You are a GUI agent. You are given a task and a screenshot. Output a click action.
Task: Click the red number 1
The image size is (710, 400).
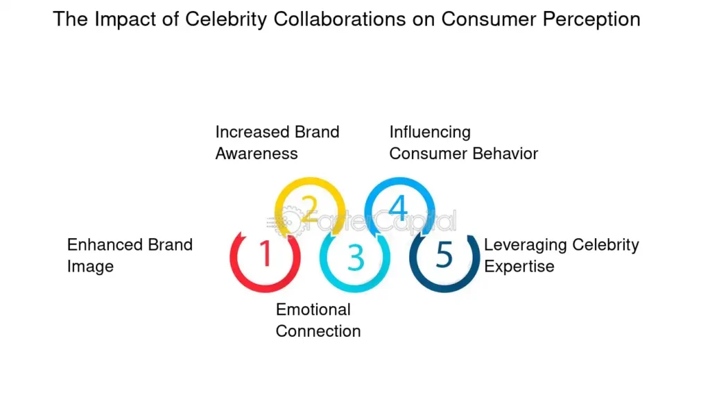(266, 253)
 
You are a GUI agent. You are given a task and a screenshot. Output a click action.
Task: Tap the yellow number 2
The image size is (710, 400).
(310, 208)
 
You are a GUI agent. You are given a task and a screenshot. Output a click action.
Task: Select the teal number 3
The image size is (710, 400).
(356, 258)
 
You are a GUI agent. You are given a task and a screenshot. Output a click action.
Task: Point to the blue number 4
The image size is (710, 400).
(399, 208)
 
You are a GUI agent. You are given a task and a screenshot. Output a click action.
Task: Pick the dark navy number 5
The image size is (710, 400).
(444, 254)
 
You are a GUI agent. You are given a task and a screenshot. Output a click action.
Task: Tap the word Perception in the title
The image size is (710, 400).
(591, 20)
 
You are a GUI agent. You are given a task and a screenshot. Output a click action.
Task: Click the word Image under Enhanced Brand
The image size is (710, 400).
(91, 267)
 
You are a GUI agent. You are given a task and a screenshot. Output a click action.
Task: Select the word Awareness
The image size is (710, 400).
(257, 153)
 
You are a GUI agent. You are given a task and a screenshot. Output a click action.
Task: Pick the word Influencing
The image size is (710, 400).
(430, 133)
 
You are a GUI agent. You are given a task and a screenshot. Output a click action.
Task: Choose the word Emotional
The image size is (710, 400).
(313, 310)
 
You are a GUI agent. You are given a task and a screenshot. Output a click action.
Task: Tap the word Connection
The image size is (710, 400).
(318, 331)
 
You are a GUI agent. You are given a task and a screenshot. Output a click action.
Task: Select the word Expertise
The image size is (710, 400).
(519, 267)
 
